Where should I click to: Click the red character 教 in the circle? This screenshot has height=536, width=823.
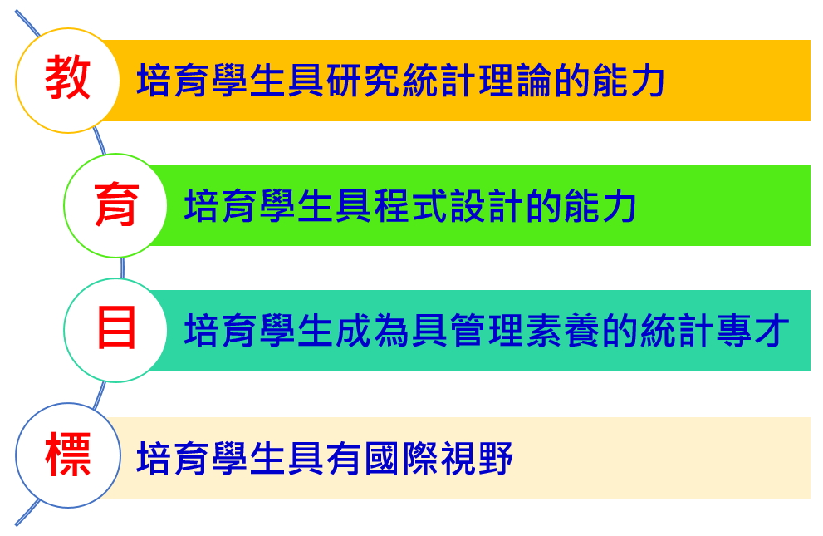(68, 79)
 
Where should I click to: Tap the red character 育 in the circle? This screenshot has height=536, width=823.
(116, 204)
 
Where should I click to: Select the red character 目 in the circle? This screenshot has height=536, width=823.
(116, 330)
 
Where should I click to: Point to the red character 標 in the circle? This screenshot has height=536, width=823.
(68, 455)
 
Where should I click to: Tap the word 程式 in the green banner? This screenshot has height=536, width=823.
(412, 206)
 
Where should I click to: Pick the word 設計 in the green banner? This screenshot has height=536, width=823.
(487, 206)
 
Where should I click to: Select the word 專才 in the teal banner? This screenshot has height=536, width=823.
(752, 331)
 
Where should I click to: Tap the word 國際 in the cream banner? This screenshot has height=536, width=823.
(401, 458)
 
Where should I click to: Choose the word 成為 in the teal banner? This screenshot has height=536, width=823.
(373, 331)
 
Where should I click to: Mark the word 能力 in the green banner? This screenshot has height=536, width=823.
(600, 206)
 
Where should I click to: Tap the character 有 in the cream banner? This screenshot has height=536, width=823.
(345, 458)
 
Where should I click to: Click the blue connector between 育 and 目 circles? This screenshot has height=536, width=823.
(122, 268)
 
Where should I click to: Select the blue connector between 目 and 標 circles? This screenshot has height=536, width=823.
(99, 395)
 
